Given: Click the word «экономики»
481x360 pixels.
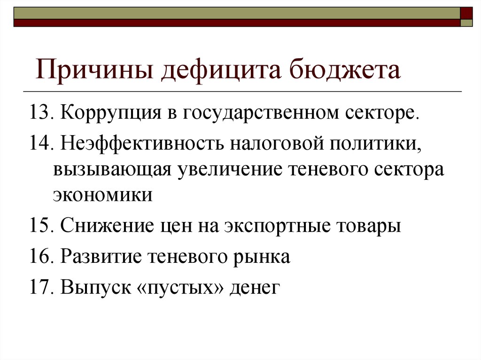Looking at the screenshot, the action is (103, 195).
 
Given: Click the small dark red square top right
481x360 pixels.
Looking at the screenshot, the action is (466, 13).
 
